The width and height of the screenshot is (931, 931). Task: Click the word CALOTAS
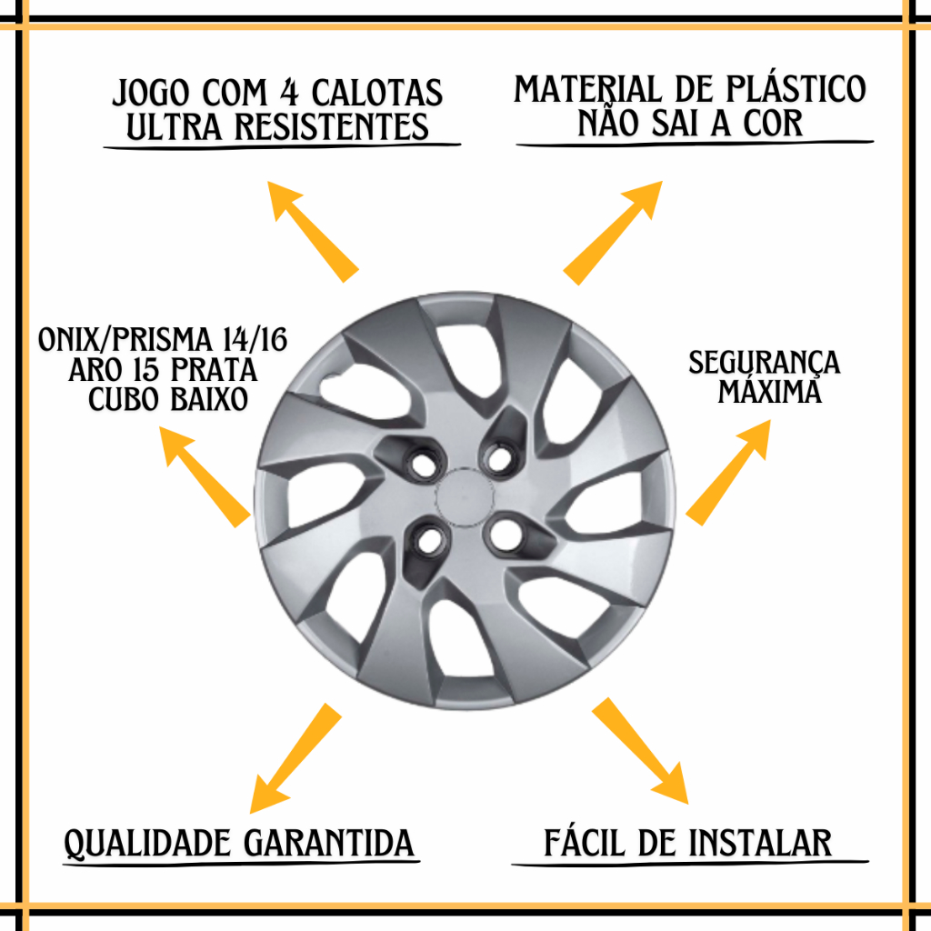(377, 93)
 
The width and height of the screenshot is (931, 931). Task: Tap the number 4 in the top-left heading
(289, 93)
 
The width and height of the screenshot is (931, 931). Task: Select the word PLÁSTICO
(796, 89)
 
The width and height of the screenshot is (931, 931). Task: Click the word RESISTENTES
(331, 126)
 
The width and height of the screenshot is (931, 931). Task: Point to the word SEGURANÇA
(765, 362)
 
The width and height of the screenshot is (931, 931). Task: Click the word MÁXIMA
(769, 392)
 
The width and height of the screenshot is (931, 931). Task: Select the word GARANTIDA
(329, 843)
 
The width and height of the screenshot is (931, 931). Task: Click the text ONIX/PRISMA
(125, 340)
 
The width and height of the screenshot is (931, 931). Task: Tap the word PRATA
(214, 370)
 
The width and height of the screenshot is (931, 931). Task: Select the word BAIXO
(208, 399)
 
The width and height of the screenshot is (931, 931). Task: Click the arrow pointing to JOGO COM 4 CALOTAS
(313, 232)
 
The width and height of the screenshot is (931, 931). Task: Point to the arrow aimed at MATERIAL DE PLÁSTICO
(613, 233)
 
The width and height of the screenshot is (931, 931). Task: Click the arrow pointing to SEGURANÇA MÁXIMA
(728, 473)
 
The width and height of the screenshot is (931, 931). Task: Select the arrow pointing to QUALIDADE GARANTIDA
(295, 758)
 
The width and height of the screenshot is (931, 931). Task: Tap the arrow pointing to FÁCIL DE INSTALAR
(640, 751)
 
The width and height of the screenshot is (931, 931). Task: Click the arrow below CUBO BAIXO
(205, 476)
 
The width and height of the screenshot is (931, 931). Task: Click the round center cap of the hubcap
(465, 497)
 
